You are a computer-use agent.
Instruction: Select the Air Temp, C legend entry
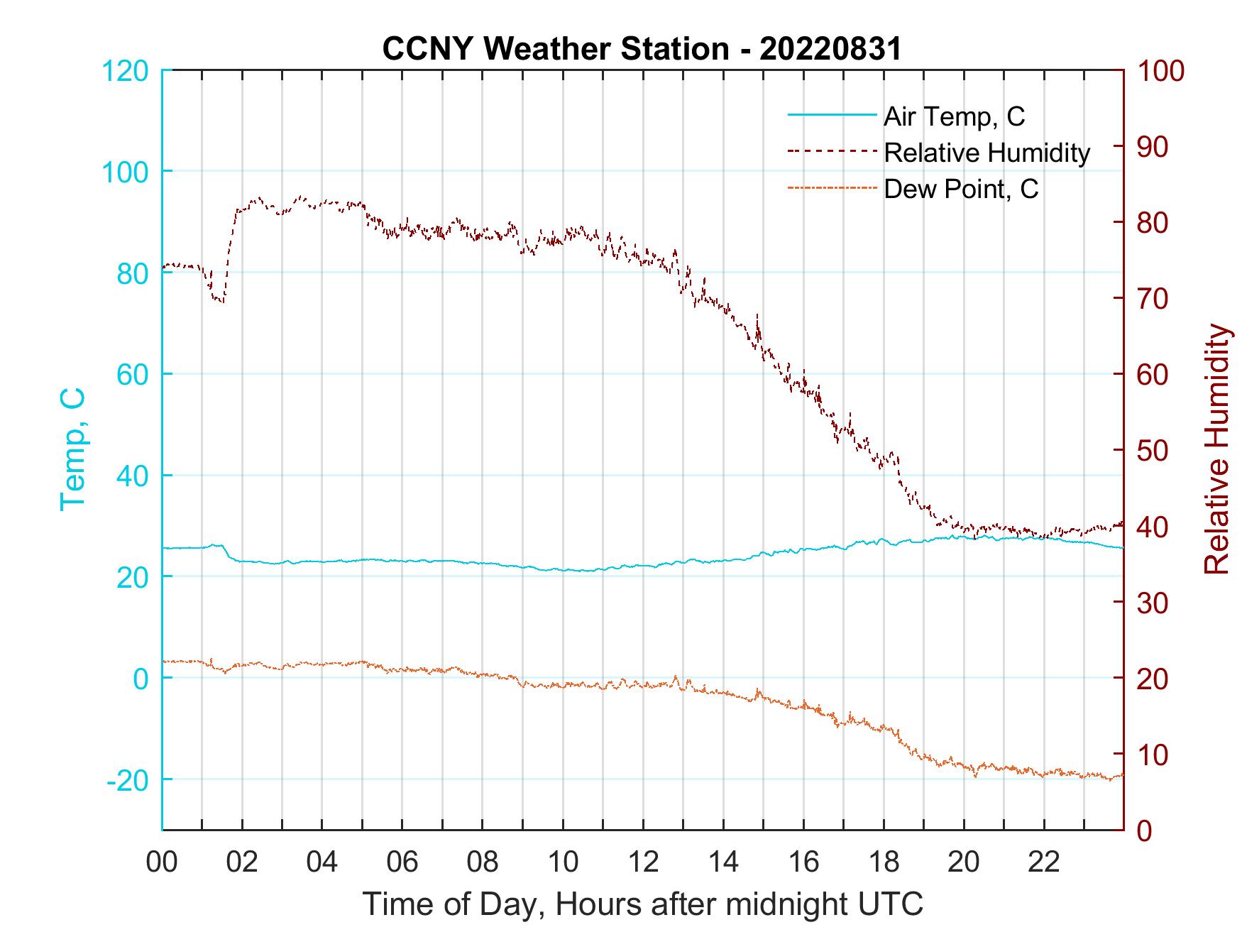tap(954, 116)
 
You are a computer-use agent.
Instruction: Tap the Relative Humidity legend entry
tap(987, 153)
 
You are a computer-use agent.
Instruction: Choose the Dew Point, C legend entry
tap(961, 189)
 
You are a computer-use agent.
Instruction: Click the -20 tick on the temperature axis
tap(128, 780)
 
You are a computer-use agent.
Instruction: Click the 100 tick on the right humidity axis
tap(1160, 71)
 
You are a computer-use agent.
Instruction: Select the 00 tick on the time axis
tap(162, 862)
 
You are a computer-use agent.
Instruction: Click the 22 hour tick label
tap(1044, 862)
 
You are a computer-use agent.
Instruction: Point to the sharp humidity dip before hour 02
tap(219, 299)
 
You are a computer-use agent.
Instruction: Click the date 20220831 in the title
tap(830, 49)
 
